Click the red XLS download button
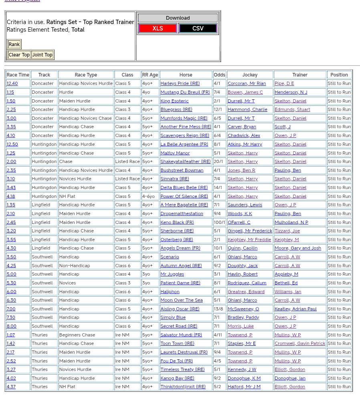158,28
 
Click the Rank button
14,44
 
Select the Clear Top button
19,55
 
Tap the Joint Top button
42,55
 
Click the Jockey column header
250,75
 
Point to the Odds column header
219,75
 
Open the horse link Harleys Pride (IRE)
180,83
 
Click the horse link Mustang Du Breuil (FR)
185,92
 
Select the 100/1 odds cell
219,222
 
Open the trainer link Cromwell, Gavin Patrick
299,343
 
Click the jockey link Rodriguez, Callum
247,283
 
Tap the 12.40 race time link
12,83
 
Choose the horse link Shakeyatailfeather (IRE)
185,161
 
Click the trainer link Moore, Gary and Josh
297,248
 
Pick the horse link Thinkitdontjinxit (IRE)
183,387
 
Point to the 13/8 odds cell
218,309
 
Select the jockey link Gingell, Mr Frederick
249,231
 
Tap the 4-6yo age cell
148,196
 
